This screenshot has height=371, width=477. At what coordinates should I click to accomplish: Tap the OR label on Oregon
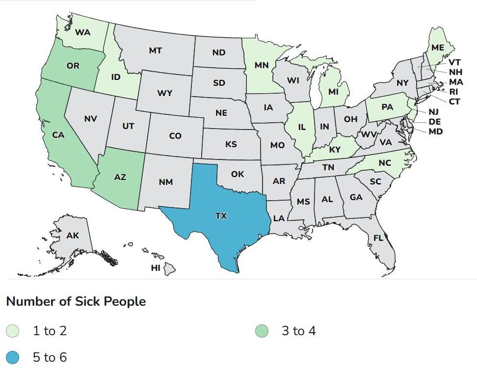73,65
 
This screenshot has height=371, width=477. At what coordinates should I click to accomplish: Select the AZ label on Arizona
120,177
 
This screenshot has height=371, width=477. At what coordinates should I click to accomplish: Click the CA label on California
58,135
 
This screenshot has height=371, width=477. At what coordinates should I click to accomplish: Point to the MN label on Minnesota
262,64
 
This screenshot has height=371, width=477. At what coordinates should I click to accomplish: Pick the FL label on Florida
378,238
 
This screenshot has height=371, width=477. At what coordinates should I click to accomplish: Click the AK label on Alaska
73,236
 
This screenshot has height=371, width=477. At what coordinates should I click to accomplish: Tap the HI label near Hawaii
156,268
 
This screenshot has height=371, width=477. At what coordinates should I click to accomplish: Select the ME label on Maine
438,47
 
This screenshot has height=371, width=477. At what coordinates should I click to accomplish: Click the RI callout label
454,91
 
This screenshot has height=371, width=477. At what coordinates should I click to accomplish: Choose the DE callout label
434,122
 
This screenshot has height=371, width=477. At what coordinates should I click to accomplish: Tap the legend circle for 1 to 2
13,331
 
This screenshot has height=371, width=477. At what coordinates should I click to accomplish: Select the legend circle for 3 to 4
262,331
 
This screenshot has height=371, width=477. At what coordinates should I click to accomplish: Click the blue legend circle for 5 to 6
13,358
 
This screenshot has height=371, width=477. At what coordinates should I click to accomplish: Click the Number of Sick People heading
76,301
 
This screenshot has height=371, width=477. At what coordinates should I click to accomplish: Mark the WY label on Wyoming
165,93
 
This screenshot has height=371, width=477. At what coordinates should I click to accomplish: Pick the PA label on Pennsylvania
388,106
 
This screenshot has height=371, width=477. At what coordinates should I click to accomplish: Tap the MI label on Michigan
333,92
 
